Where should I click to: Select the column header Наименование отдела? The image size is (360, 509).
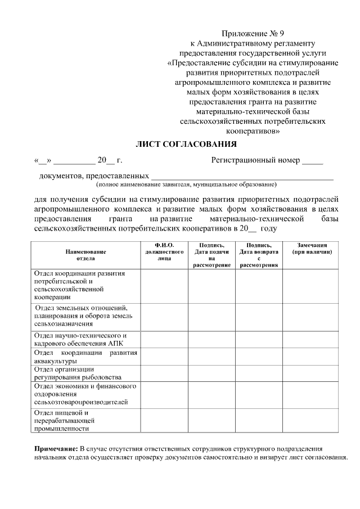click(x=85, y=255)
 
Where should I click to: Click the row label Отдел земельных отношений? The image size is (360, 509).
click(x=85, y=316)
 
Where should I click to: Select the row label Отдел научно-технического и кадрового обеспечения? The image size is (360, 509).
click(x=85, y=339)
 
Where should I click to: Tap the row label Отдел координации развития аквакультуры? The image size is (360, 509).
click(x=85, y=356)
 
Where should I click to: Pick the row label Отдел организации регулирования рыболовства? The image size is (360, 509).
click(x=85, y=373)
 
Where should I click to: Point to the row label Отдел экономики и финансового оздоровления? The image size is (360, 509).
click(x=85, y=394)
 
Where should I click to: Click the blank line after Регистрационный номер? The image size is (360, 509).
click(x=312, y=164)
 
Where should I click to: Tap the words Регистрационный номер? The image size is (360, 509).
click(x=255, y=161)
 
